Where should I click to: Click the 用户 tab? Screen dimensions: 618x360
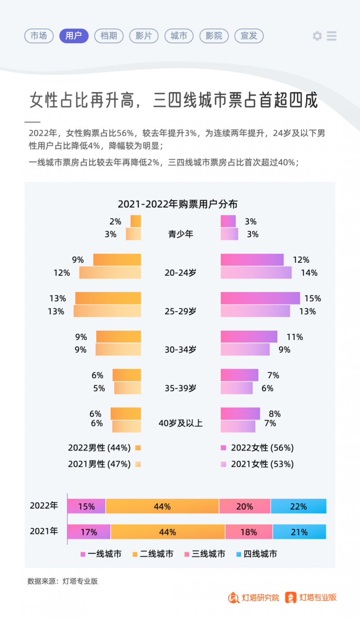click(74, 36)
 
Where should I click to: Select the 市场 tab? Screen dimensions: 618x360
click(39, 36)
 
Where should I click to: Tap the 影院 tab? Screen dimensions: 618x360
click(214, 36)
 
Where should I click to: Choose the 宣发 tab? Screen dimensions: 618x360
click(249, 36)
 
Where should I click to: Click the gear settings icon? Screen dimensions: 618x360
click(317, 36)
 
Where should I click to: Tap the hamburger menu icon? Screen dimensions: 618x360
click(332, 36)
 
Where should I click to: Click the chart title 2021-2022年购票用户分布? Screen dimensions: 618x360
click(178, 204)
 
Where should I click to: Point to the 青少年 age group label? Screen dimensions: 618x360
click(180, 234)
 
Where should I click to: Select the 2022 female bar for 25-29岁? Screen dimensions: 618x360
click(260, 298)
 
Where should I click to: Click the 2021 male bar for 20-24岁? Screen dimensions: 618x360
click(110, 273)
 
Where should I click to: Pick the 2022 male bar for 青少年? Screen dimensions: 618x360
click(135, 221)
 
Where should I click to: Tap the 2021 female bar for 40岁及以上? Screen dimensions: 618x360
click(238, 426)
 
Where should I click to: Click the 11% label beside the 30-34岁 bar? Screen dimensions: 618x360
click(295, 337)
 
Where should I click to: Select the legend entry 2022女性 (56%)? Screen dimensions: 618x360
click(262, 448)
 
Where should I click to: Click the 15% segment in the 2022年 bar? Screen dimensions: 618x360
click(86, 506)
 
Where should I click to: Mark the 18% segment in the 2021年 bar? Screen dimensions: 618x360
click(248, 532)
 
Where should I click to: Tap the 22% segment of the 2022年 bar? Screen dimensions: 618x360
click(298, 506)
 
